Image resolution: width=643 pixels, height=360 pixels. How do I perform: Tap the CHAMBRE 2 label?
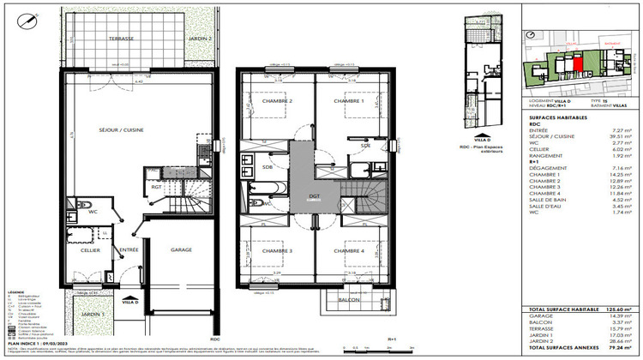tap(279, 101)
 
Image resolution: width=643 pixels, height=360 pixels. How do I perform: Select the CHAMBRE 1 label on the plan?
tap(349, 101)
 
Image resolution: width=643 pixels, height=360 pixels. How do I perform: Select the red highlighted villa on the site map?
tap(577, 63)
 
